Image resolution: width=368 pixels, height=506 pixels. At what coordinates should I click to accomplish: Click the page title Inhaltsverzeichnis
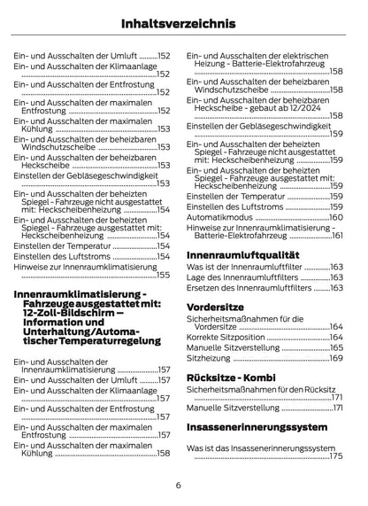tap(183, 19)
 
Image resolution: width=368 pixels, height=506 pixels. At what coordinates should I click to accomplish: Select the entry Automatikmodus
tap(220, 217)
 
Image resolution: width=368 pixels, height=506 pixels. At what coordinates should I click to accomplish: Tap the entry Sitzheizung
tap(209, 358)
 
